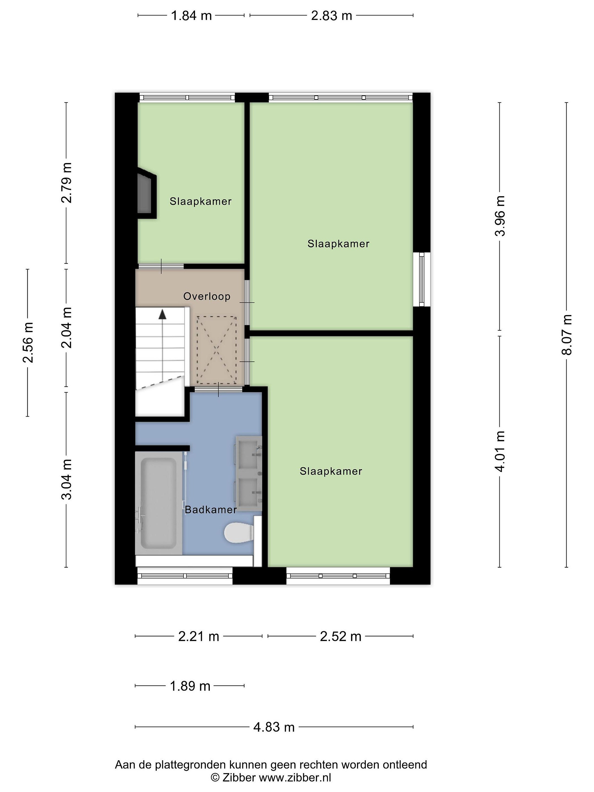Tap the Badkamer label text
(211, 510)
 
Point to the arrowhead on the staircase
(163, 314)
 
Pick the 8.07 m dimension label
(566, 334)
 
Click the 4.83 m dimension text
(274, 727)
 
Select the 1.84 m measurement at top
(191, 16)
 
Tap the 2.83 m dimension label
(332, 16)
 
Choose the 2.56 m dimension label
(28, 342)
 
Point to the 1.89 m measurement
(190, 686)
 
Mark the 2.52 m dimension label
(340, 636)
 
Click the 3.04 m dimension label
(66, 479)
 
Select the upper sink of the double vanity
(249, 453)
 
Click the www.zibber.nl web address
(295, 777)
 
